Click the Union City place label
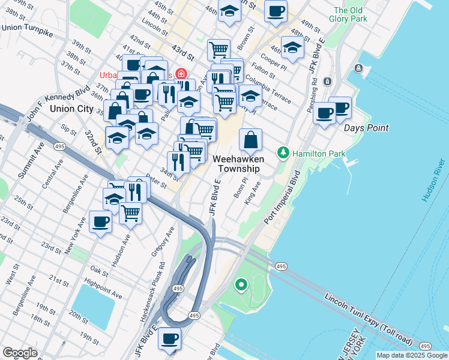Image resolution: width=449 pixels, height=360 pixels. [x=72, y=109]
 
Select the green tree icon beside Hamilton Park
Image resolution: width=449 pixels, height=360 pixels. [x=283, y=154]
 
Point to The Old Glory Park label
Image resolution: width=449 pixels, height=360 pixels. [x=350, y=14]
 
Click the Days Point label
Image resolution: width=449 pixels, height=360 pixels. [x=366, y=128]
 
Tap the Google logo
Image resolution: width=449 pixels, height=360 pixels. [x=20, y=353]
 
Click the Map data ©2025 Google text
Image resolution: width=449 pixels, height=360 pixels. [x=411, y=355]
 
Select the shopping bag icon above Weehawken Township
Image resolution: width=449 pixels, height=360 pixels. [x=251, y=140]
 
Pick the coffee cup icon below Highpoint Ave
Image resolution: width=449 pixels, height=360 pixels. [x=169, y=339]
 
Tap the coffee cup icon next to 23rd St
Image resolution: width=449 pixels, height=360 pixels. [x=100, y=222]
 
